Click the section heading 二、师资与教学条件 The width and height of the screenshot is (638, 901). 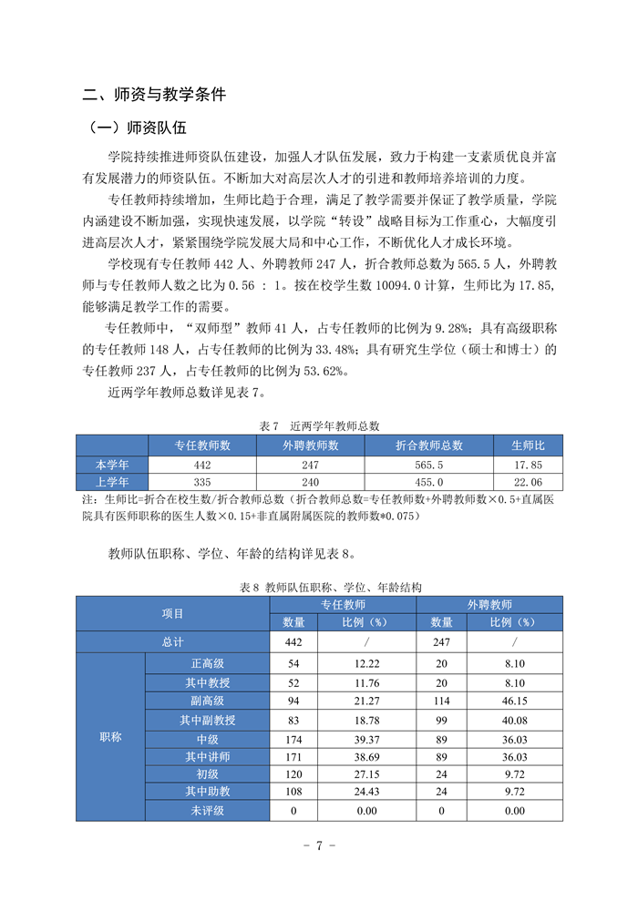point(154,93)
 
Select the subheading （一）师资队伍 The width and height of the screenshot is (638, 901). point(134,128)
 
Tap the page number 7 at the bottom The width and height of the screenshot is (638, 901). point(319,845)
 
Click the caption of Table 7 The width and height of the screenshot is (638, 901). point(319,425)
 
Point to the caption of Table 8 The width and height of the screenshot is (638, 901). point(319,588)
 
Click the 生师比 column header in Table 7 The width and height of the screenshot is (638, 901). point(528,445)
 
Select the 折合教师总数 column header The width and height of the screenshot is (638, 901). point(428,445)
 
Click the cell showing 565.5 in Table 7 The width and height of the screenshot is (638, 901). point(428,464)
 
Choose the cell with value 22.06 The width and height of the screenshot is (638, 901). point(528,481)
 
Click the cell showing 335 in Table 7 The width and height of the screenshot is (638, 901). point(202,481)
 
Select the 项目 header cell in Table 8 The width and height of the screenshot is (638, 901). point(173,613)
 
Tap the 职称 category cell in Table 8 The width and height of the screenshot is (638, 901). point(110,736)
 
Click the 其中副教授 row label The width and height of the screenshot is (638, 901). point(208,720)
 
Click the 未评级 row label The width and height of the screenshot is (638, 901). point(208,810)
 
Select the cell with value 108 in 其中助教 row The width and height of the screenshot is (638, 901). point(293,792)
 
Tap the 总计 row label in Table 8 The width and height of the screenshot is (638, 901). point(173,642)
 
